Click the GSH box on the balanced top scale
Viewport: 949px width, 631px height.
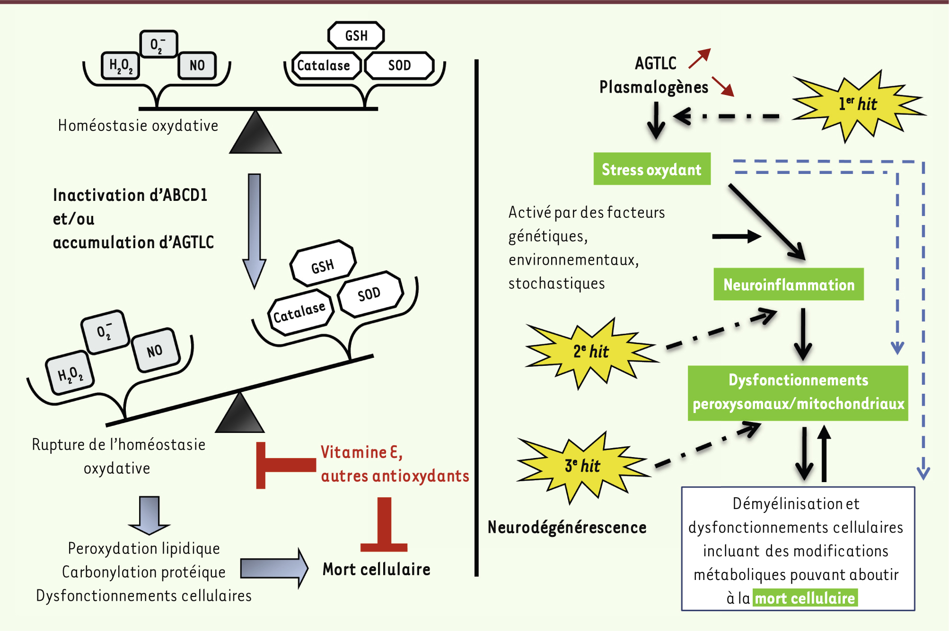[x=356, y=35]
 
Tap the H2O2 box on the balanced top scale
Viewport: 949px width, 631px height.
[x=121, y=65]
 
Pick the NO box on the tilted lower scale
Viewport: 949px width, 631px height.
[x=155, y=350]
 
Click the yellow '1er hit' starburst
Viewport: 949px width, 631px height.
[x=857, y=104]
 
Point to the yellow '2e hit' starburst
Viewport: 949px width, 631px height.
[x=591, y=352]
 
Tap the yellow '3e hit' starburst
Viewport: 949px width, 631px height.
[x=582, y=466]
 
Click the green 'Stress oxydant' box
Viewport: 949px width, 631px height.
[x=651, y=169]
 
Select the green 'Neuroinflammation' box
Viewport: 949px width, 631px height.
[x=789, y=285]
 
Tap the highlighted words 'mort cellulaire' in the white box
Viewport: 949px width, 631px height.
[x=805, y=598]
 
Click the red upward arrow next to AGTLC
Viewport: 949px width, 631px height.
[x=700, y=59]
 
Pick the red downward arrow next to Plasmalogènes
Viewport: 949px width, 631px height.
[x=723, y=86]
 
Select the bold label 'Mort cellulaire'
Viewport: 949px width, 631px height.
[x=377, y=570]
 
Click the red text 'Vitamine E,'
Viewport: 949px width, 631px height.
[x=361, y=452]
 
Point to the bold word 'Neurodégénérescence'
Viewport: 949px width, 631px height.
[x=567, y=527]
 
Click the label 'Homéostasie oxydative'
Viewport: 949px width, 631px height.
[x=138, y=126]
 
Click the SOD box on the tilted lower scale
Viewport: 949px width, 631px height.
[x=369, y=294]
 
